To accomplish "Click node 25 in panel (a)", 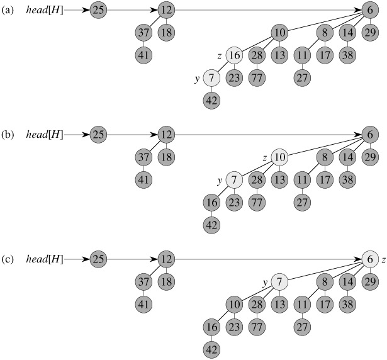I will [98, 10].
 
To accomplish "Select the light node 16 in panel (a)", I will [234, 56].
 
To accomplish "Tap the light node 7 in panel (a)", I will [211, 79].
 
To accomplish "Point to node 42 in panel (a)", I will [211, 99].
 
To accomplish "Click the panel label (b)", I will [8, 133].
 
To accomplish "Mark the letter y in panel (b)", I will [220, 180].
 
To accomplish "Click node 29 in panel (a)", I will [370, 33].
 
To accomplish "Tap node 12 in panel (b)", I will [165, 134].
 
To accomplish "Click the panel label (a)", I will [8, 10].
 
